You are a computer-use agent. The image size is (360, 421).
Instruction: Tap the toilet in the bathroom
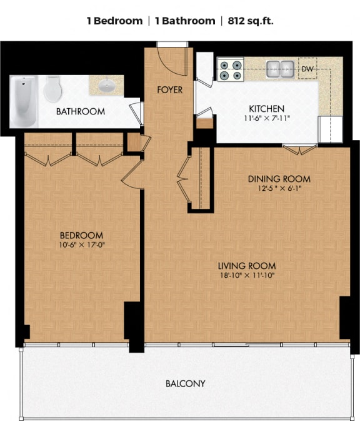click(x=52, y=89)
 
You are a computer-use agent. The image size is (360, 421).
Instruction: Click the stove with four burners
click(x=230, y=68)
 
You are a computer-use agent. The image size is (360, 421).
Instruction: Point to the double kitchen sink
click(x=281, y=68)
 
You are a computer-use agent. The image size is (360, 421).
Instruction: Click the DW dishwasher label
click(x=307, y=69)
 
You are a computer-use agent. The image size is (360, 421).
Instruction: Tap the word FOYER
click(x=169, y=90)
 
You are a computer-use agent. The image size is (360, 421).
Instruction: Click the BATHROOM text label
click(x=81, y=112)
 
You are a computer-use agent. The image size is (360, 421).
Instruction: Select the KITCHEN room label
click(x=267, y=109)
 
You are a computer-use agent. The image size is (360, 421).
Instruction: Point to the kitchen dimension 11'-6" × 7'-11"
click(x=267, y=118)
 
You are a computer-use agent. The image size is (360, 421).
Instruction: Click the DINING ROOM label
click(x=279, y=179)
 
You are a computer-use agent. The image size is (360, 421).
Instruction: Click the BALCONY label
click(x=185, y=383)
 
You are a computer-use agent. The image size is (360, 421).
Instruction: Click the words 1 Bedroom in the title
click(x=114, y=21)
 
